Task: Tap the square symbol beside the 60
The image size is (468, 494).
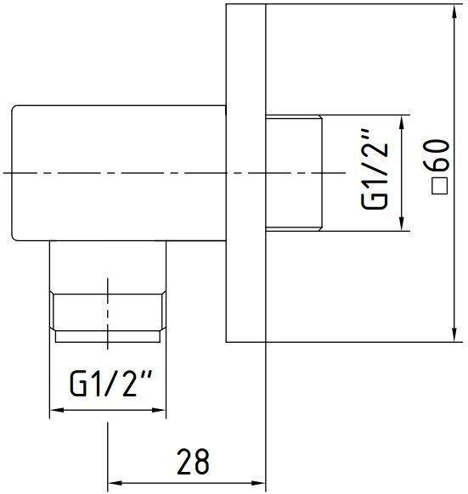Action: [439, 188]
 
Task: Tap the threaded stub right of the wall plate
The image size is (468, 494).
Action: [292, 173]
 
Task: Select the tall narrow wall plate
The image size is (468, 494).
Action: [245, 173]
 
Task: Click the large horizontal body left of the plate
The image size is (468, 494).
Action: [119, 173]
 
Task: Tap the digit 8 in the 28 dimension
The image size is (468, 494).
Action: [202, 463]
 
